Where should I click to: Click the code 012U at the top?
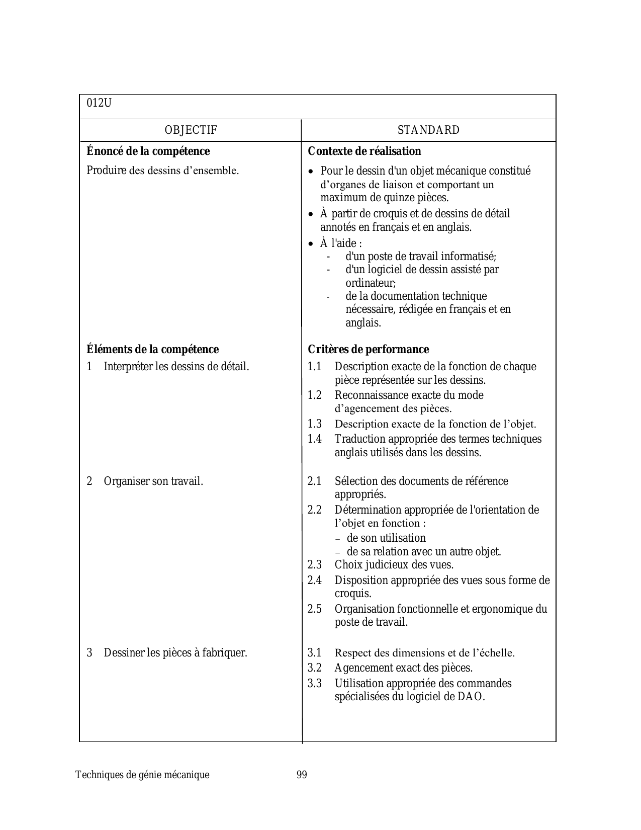pyautogui.click(x=99, y=103)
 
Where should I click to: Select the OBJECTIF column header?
pyautogui.click(x=191, y=130)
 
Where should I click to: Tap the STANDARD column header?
pyautogui.click(x=428, y=130)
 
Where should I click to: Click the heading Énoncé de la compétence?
pyautogui.click(x=148, y=151)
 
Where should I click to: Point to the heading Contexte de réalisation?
pyautogui.click(x=364, y=151)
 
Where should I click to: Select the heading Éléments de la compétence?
pyautogui.click(x=153, y=350)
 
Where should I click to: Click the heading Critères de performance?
pyautogui.click(x=369, y=350)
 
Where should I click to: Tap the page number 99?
pyautogui.click(x=302, y=775)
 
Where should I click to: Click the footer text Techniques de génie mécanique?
pyautogui.click(x=142, y=775)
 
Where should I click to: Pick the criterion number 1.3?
pyautogui.click(x=315, y=424)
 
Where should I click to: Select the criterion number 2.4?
pyautogui.click(x=315, y=580)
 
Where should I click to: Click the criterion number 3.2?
pyautogui.click(x=315, y=668)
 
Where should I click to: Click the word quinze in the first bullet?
pyautogui.click(x=390, y=198)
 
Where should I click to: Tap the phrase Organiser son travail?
pyautogui.click(x=153, y=481)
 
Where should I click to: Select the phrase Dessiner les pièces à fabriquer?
pyautogui.click(x=175, y=653)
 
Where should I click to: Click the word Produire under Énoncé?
pyautogui.click(x=106, y=171)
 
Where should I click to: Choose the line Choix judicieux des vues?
pyautogui.click(x=394, y=565)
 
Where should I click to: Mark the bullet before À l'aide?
pyautogui.click(x=311, y=244)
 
